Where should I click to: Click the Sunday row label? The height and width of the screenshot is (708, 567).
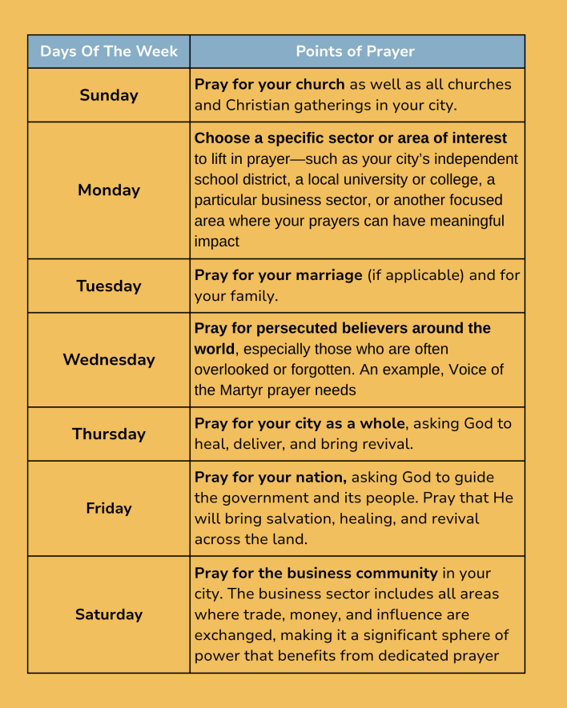point(109,95)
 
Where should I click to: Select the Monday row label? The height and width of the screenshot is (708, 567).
point(109,190)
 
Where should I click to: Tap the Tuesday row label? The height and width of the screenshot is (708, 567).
point(109,286)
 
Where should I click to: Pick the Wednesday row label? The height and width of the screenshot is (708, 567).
point(109,360)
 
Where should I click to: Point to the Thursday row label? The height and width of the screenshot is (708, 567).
point(109,434)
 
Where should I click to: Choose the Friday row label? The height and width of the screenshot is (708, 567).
point(109,508)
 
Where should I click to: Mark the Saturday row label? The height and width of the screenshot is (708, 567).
point(109,614)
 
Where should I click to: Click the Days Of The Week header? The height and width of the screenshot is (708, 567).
point(109,51)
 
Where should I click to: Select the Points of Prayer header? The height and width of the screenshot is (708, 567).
point(356,51)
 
